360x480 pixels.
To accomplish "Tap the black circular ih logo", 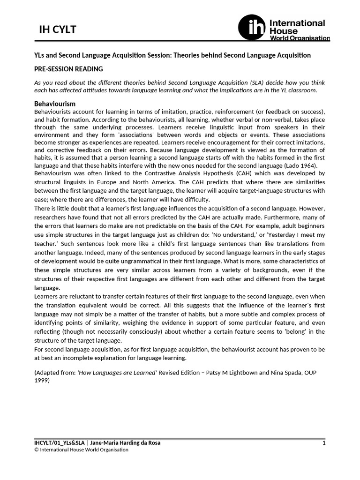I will pyautogui.click(x=252, y=27).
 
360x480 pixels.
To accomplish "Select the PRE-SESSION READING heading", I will pyautogui.click(x=68, y=69).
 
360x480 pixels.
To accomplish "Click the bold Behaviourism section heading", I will pyautogui.click(x=55, y=103).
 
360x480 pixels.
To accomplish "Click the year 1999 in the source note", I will pyautogui.click(x=41, y=381).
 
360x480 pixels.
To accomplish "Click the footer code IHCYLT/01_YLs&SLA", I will pyautogui.click(x=60, y=442).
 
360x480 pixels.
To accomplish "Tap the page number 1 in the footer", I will pyautogui.click(x=323, y=442).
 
